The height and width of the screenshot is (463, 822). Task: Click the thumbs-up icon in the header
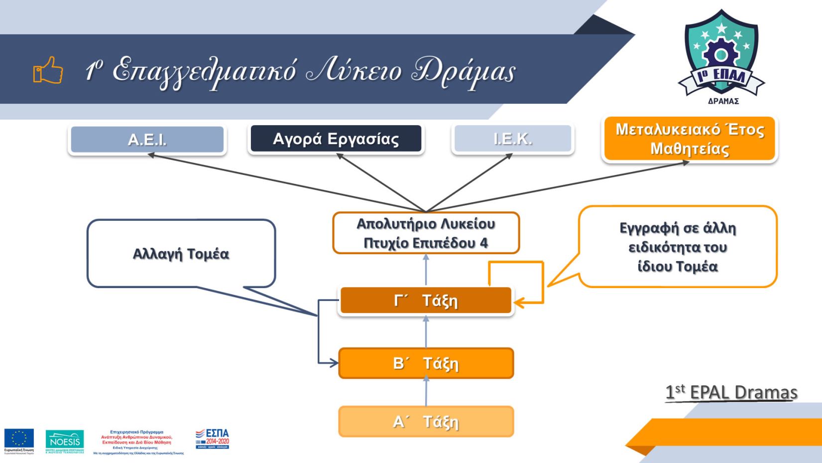(x=48, y=70)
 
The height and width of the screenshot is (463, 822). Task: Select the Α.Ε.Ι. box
(x=147, y=139)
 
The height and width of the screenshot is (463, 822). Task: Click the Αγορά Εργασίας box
(x=336, y=139)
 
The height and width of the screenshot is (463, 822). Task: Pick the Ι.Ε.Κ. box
(x=513, y=139)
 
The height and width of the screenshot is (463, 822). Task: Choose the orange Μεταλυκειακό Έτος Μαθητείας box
(x=690, y=139)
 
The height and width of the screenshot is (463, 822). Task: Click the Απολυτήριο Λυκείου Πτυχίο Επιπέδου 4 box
(x=426, y=233)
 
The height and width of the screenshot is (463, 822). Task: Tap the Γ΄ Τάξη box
(x=426, y=301)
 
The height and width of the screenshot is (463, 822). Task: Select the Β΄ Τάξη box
(x=426, y=363)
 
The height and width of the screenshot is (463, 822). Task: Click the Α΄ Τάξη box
(x=426, y=422)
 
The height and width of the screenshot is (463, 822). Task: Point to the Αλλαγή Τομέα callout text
(x=181, y=254)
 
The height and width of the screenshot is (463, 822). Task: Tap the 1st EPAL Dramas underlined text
(x=731, y=393)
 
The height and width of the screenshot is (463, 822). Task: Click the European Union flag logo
(x=19, y=439)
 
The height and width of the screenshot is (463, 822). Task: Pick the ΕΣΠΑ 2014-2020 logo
(x=212, y=439)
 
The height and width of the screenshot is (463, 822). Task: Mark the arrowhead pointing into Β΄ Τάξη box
(x=334, y=363)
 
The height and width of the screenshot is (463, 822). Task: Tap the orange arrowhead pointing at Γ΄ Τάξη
(x=518, y=302)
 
